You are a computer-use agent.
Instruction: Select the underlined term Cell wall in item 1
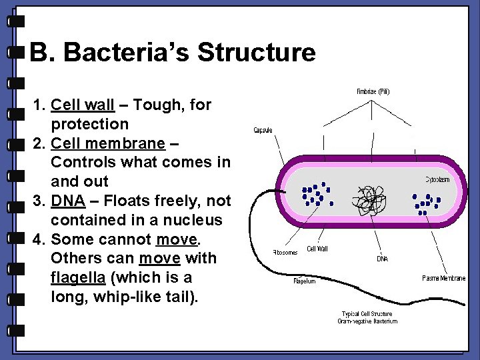(83, 105)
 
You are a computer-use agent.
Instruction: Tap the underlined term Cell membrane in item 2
(108, 143)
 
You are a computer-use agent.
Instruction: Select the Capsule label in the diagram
(263, 130)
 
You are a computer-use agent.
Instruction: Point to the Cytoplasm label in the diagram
(445, 179)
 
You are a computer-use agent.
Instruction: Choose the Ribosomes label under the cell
(285, 253)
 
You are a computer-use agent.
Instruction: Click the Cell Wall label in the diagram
(317, 249)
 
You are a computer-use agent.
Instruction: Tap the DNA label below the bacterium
(382, 259)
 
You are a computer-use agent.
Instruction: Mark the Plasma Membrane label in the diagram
(444, 278)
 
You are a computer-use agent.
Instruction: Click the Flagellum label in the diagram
(305, 281)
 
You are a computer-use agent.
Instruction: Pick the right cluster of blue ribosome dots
(425, 203)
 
